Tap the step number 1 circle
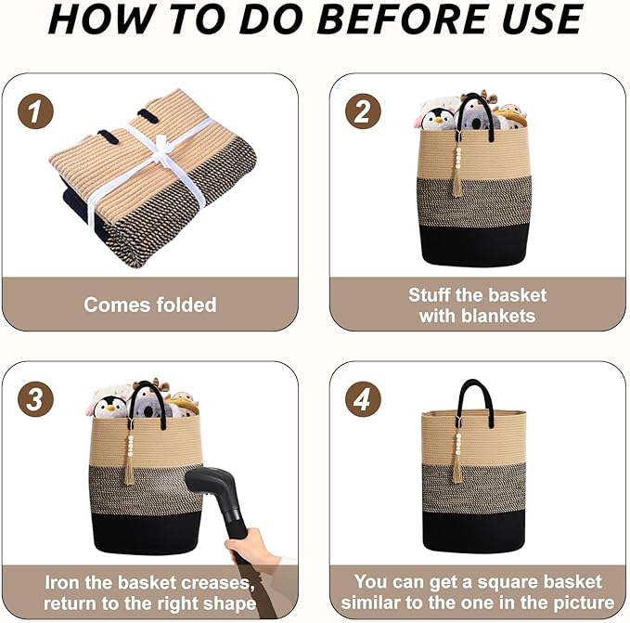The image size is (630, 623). coord(35,111)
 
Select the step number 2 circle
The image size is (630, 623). coord(363,111)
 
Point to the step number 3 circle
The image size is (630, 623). coord(35,399)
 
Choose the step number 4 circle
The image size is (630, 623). coord(363,399)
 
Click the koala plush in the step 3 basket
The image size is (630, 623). coord(147,406)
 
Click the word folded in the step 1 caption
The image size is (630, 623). coord(186,305)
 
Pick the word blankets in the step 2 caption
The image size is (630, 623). coord(498,316)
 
